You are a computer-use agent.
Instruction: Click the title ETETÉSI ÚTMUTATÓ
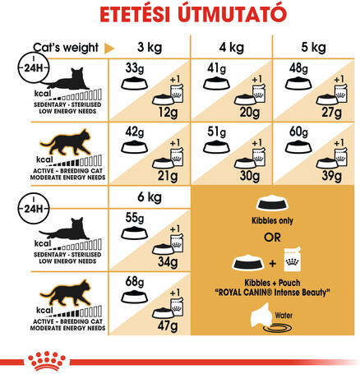(x=180, y=16)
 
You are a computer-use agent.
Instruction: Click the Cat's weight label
(x=63, y=48)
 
